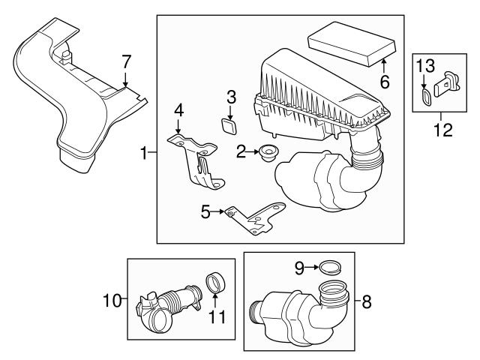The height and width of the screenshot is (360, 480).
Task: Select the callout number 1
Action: coord(143,153)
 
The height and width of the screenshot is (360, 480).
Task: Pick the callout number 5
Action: coord(205,212)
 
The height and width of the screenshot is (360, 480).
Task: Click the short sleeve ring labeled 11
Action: coord(216,286)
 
